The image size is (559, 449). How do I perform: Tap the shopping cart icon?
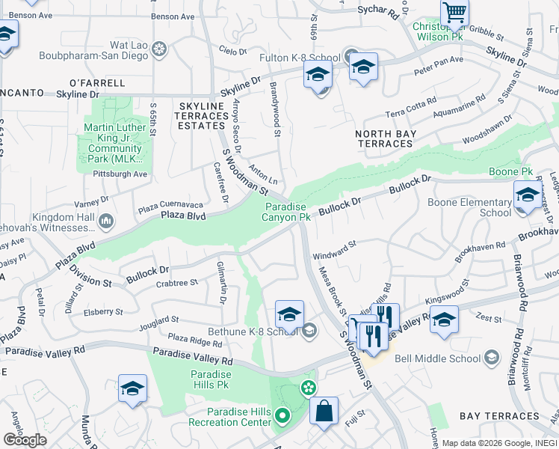(x=455, y=13)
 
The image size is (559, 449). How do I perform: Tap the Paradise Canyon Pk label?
(x=285, y=212)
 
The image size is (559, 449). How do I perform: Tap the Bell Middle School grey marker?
(x=491, y=358)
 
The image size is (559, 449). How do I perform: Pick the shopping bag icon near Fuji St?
(x=324, y=412)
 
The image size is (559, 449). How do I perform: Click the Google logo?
(x=25, y=440)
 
